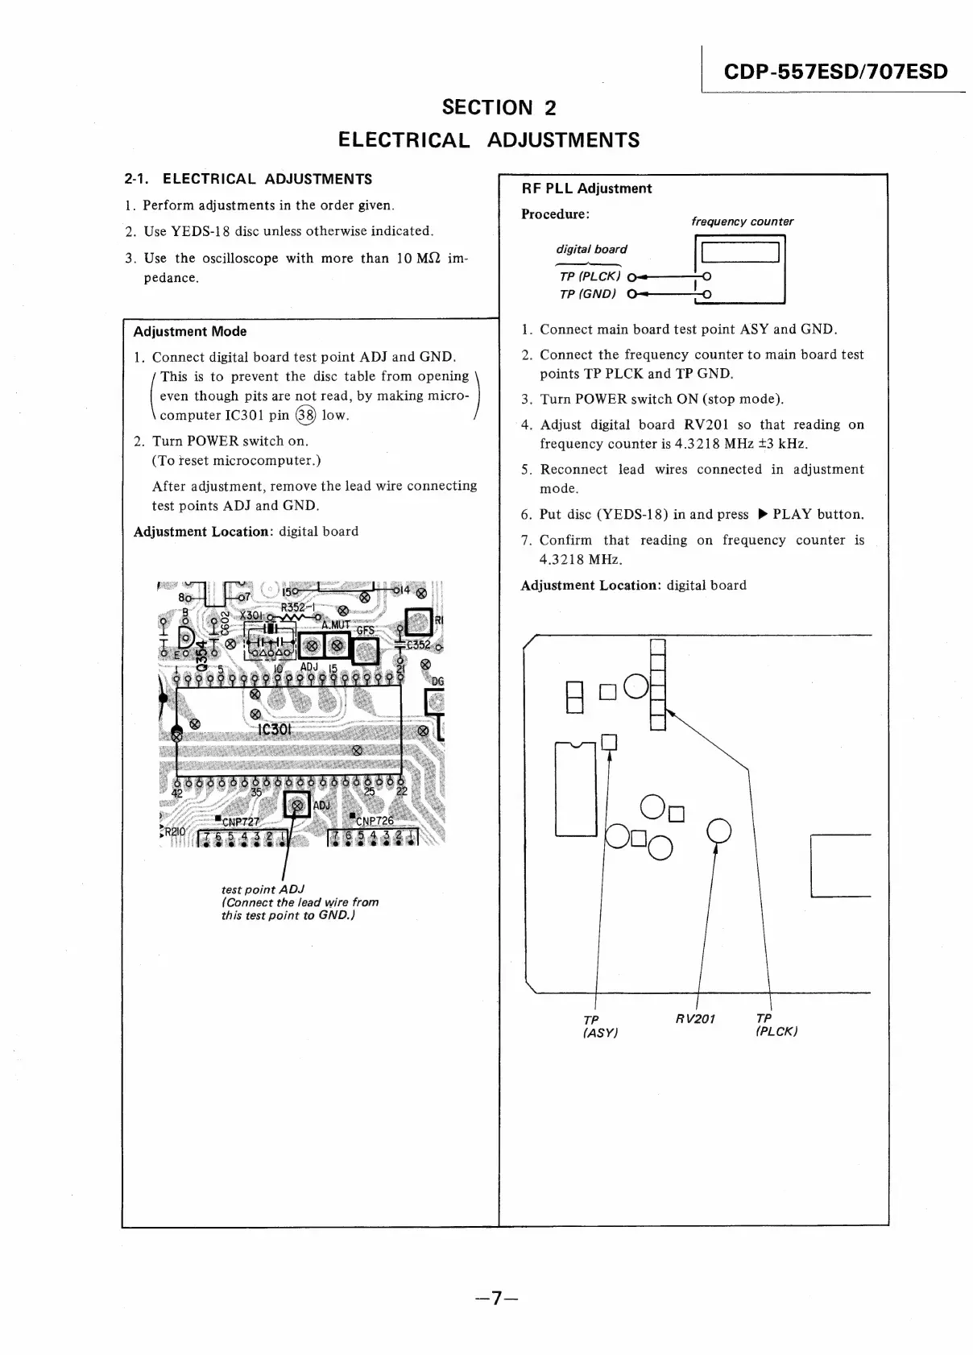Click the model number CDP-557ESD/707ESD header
[x=835, y=72]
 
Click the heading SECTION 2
[x=499, y=107]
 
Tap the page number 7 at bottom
[x=496, y=1297]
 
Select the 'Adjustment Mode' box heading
[x=190, y=331]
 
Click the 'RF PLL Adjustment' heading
[x=586, y=189]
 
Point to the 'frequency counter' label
[x=742, y=222]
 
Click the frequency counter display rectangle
[x=740, y=253]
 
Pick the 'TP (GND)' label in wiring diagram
[x=588, y=294]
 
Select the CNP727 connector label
[x=240, y=822]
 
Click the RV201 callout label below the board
[x=696, y=1019]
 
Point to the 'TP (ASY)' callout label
[x=599, y=1026]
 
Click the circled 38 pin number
[x=305, y=416]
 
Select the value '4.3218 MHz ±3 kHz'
[x=673, y=444]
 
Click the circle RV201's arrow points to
[x=718, y=830]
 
